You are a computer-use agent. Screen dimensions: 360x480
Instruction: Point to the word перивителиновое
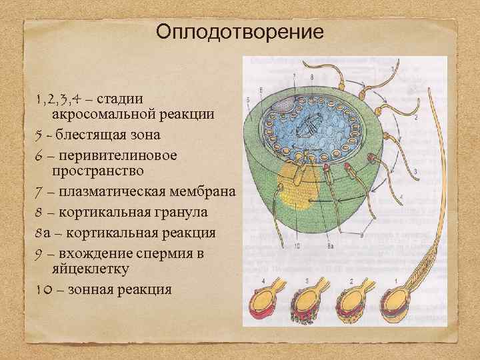click(x=117, y=155)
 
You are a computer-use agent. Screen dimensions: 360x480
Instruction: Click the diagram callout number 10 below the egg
click(x=297, y=246)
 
